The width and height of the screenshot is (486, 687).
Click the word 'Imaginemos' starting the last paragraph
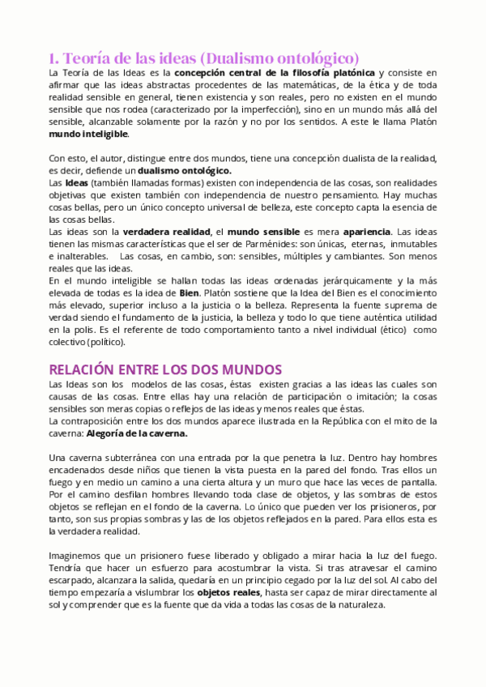pos(79,555)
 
